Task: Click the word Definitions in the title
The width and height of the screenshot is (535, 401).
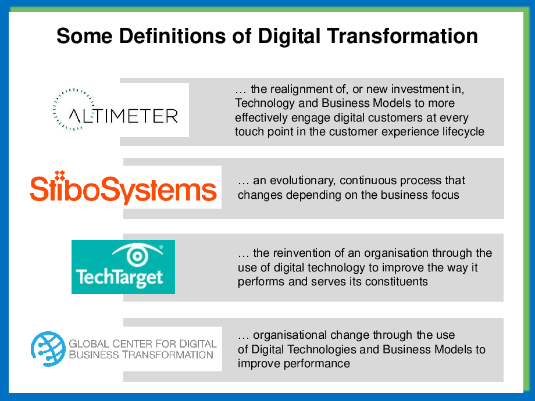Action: tap(172, 36)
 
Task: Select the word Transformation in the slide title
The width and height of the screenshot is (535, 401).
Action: tap(402, 36)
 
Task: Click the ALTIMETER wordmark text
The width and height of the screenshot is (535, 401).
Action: tap(123, 116)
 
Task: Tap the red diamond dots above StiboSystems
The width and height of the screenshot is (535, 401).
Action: tap(60, 175)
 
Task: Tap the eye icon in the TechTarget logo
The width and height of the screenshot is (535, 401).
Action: tap(137, 254)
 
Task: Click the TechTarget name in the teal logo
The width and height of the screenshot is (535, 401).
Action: tap(119, 277)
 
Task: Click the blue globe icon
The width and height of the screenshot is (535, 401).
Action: tap(48, 349)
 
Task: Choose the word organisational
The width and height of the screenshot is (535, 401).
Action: tap(290, 335)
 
